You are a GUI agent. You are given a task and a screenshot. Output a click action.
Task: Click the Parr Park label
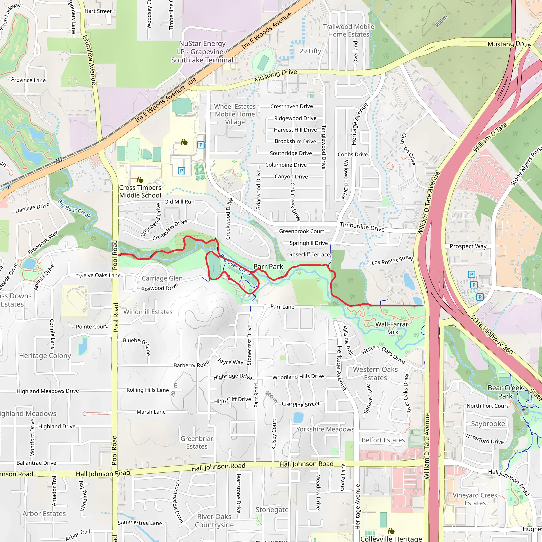pyautogui.click(x=268, y=267)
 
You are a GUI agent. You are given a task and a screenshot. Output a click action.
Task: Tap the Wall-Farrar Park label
pyautogui.click(x=392, y=328)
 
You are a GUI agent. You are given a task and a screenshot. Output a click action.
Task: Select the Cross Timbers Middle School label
pyautogui.click(x=140, y=191)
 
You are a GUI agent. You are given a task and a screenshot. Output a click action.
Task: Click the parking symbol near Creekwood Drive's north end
pyautogui.click(x=201, y=145)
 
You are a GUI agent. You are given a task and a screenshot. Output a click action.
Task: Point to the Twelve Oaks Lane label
pyautogui.click(x=98, y=275)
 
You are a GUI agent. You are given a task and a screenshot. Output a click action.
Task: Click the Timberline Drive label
pyautogui.click(x=362, y=227)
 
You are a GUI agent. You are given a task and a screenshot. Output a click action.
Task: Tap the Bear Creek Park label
pyautogui.click(x=505, y=392)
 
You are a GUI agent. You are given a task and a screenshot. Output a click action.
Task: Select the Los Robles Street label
pyautogui.click(x=392, y=261)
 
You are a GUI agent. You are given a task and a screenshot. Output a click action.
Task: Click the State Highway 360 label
pyautogui.click(x=491, y=335)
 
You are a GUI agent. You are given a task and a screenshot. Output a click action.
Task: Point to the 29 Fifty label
pyautogui.click(x=310, y=51)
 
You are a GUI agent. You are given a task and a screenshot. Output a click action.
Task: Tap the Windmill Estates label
pyautogui.click(x=148, y=312)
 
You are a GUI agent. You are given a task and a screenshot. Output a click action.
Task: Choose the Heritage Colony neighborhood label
pyautogui.click(x=45, y=355)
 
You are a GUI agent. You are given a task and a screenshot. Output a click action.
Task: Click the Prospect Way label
pyautogui.click(x=468, y=246)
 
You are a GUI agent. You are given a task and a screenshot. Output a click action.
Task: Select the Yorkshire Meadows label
pyautogui.click(x=325, y=429)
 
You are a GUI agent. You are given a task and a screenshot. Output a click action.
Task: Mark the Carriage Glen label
pyautogui.click(x=162, y=278)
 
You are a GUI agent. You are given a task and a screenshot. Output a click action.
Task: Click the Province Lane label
pyautogui.click(x=28, y=80)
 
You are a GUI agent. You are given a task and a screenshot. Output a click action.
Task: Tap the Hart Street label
pyautogui.click(x=98, y=11)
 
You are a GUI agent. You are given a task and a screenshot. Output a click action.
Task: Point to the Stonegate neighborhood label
pyautogui.click(x=272, y=510)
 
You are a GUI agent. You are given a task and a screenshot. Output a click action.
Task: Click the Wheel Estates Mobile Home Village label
pyautogui.click(x=235, y=114)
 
